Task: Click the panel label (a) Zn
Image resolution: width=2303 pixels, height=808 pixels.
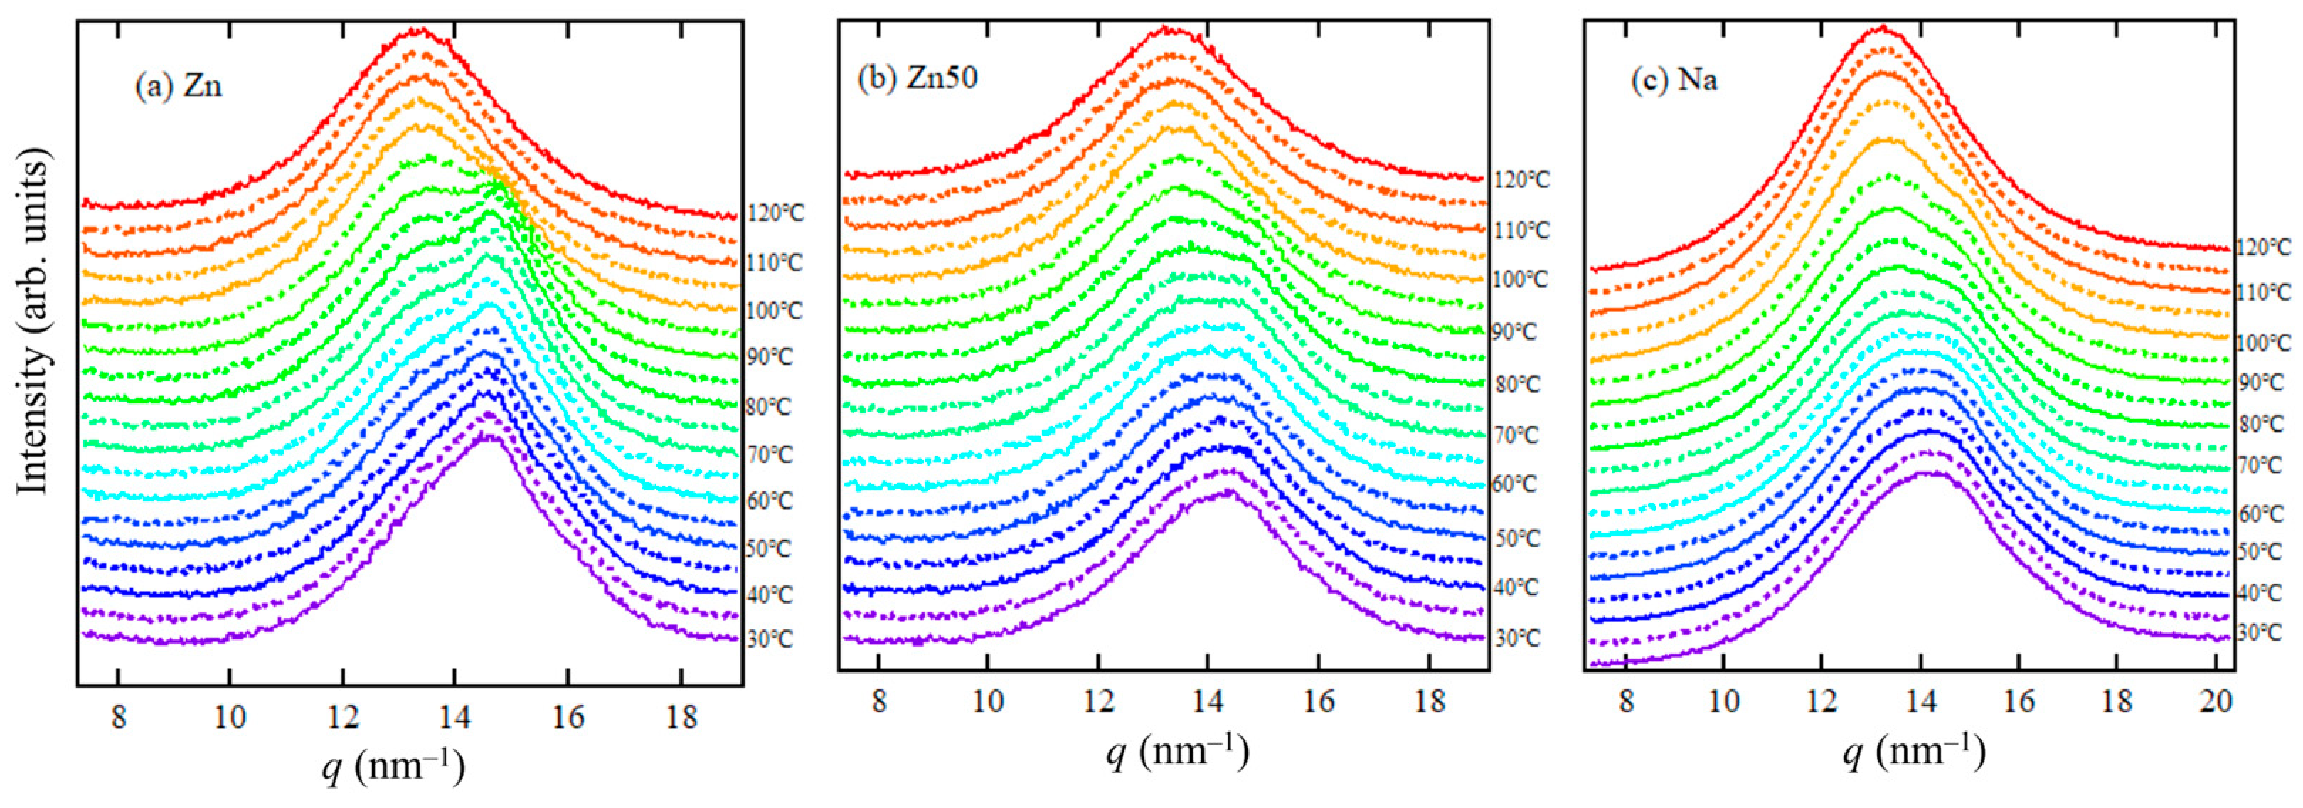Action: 178,87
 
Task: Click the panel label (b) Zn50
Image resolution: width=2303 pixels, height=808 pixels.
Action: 918,78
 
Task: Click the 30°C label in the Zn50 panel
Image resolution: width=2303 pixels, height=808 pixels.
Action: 1517,639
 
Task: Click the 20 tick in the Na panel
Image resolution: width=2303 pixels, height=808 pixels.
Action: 2216,701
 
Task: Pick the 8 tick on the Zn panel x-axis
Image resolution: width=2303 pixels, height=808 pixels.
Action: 119,718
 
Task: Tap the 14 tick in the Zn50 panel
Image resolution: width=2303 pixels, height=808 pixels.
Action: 1208,701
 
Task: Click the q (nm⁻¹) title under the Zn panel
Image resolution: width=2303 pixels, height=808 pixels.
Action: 393,767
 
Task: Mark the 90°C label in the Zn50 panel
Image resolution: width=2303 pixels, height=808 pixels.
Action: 1514,332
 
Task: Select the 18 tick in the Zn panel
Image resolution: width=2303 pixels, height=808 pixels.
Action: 681,718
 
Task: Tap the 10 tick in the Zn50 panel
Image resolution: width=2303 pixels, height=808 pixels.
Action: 988,701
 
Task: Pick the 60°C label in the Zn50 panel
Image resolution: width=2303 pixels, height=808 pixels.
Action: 1514,484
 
